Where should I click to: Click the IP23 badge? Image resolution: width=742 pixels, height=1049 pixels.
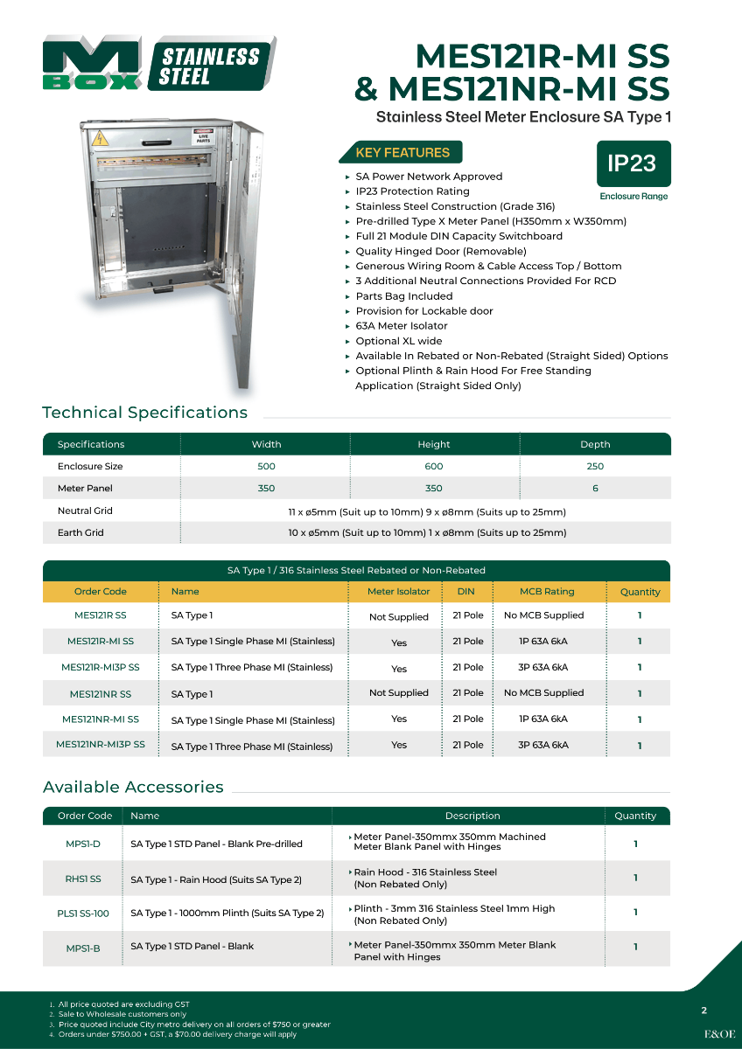point(632,163)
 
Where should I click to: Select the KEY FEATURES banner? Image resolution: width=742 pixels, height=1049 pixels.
point(402,153)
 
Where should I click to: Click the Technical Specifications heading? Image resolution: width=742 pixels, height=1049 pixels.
point(145,413)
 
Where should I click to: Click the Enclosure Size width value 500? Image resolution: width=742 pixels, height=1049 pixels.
point(266,466)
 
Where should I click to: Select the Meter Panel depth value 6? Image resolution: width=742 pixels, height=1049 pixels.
point(595,489)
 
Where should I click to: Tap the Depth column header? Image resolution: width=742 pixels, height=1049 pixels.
point(595,444)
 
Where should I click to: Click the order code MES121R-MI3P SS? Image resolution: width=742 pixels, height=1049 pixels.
point(101,667)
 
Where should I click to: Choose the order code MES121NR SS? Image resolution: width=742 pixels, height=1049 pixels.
point(101,694)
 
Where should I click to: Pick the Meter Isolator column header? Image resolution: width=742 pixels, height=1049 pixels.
point(399,592)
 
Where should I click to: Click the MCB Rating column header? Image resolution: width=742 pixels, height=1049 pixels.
point(547,592)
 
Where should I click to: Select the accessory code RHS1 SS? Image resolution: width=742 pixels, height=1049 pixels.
point(83,879)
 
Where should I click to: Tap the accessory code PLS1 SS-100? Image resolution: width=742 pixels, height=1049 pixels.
point(83,914)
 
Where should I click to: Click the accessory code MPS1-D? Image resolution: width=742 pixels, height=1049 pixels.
point(83,844)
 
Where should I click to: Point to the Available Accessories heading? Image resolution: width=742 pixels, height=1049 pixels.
point(133,787)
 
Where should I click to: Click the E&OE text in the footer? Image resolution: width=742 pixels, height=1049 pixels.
point(719,1033)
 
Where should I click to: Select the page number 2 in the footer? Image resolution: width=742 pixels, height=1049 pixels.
point(703,1011)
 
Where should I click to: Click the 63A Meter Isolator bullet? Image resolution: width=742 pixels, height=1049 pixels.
point(401,326)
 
